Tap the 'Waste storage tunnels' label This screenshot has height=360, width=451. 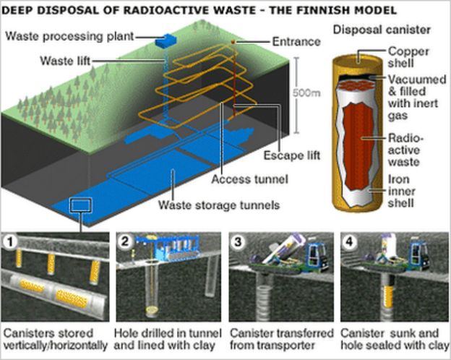(x=220, y=205)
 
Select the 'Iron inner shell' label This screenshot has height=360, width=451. (x=402, y=190)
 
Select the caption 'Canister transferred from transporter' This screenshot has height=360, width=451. (x=281, y=339)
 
